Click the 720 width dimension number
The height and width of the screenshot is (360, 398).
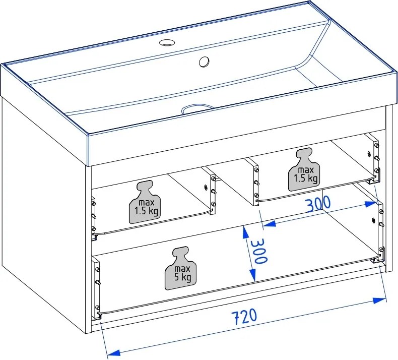pos(244,317)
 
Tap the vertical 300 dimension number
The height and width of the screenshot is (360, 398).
pos(259,251)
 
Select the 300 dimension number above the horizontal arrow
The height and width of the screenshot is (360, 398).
pos(318,204)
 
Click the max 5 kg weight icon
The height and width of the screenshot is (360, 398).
pos(181,268)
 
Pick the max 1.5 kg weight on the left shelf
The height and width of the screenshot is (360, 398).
pos(145,202)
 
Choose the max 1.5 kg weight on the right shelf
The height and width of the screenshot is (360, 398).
pos(304,169)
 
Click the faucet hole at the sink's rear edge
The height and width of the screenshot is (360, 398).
pos(166,42)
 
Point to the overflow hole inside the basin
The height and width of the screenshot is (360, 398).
pos(204,62)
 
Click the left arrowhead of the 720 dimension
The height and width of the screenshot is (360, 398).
pos(113,352)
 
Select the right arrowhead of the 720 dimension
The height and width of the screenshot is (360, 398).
pos(379,301)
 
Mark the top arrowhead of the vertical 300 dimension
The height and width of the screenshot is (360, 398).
pos(245,232)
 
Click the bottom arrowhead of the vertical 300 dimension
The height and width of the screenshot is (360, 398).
pos(252,276)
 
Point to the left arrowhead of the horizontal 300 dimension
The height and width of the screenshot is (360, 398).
pos(269,223)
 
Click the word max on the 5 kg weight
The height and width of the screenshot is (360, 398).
pos(182,269)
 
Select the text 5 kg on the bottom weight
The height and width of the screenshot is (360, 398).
pos(182,277)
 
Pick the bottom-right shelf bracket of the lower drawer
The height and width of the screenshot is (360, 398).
pos(376,260)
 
